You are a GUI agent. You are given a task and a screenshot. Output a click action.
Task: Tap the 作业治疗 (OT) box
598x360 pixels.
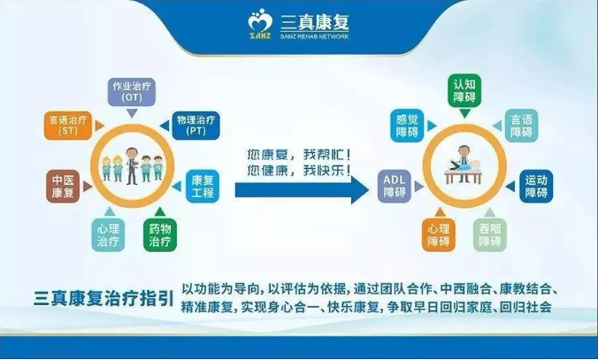point(132,92)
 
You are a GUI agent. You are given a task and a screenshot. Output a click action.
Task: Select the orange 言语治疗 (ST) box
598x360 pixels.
point(68,126)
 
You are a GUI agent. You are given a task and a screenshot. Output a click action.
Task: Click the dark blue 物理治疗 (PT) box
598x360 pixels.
point(195,126)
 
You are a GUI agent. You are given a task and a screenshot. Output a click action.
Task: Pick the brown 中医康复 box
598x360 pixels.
point(63,186)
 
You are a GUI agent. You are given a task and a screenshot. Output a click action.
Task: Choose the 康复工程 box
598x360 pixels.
point(203,186)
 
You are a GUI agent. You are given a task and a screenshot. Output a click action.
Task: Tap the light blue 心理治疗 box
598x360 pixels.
point(108,235)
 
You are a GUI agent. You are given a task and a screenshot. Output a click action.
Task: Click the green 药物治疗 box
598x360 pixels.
point(160,235)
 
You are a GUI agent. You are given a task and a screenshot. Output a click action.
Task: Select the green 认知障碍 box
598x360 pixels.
point(464,91)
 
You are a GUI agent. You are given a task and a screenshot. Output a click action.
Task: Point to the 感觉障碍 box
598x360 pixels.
point(407,126)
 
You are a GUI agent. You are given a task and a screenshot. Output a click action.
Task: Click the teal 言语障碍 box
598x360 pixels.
point(521,126)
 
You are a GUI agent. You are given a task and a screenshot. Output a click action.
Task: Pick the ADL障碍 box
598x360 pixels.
point(395,186)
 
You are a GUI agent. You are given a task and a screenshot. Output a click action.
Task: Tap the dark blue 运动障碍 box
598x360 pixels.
point(536,186)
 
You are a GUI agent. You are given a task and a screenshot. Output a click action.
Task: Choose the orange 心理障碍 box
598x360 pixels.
point(439,235)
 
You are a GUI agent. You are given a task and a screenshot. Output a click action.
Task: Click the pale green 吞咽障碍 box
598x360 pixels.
point(490,235)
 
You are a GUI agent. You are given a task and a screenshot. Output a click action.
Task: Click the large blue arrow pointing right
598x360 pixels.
point(302,189)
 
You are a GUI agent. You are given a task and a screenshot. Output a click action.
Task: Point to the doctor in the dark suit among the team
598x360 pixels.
point(132,166)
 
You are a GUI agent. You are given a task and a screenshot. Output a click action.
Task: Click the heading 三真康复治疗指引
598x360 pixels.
point(103,298)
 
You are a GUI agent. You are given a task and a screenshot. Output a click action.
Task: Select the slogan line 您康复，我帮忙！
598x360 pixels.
point(299,155)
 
